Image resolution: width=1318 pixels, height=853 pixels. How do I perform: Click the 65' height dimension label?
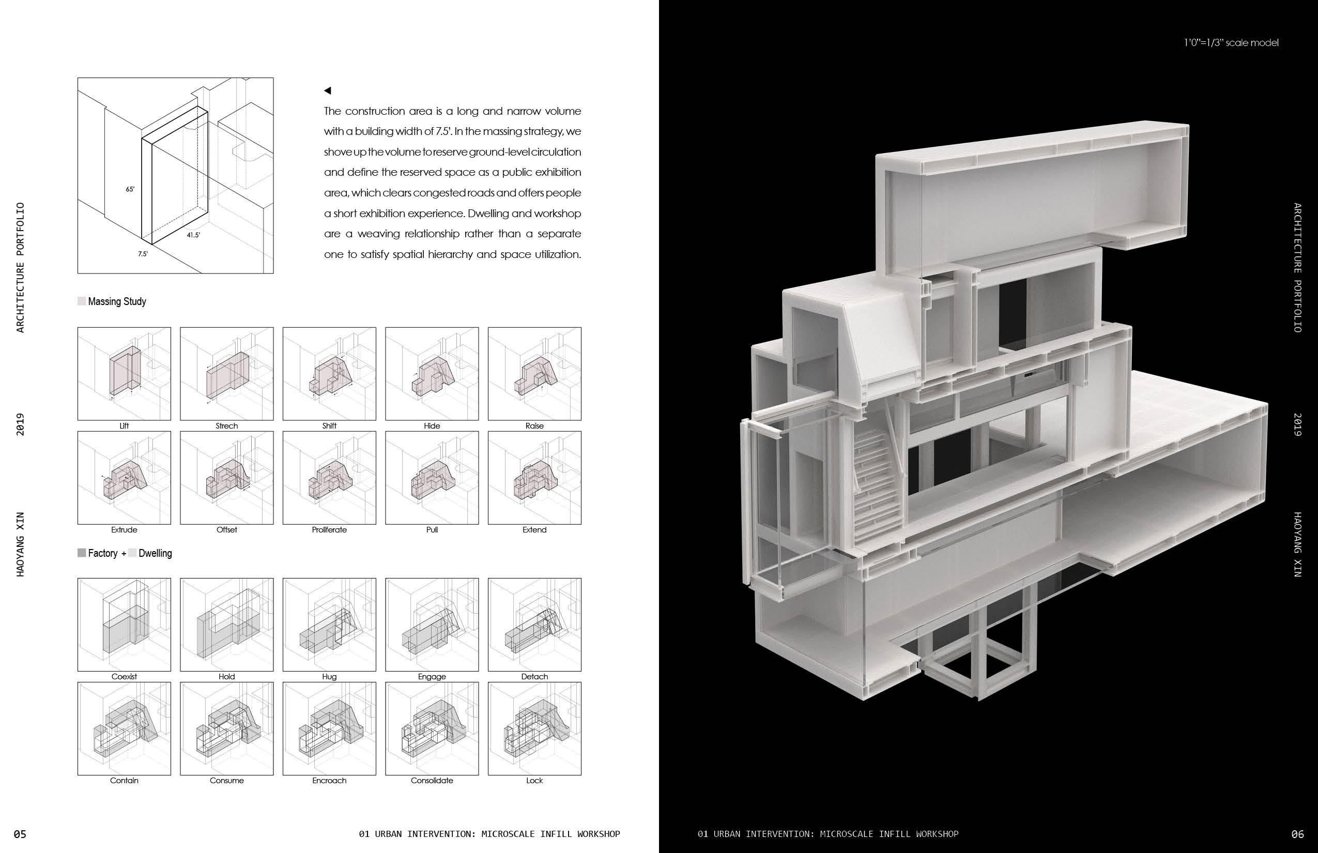tap(130, 189)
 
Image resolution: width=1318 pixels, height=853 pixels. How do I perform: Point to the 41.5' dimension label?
tap(193, 235)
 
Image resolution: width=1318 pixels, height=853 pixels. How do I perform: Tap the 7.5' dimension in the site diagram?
tap(143, 254)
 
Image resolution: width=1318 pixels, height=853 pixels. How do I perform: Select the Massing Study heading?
tap(117, 301)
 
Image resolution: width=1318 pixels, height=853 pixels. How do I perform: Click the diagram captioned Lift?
tap(124, 374)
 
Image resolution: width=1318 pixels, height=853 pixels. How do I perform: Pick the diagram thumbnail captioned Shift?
tap(329, 374)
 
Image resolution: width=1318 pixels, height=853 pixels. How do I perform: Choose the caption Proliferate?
tap(329, 530)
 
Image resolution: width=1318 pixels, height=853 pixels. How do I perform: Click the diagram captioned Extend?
tap(534, 478)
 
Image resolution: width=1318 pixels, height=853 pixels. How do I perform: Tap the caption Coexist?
tap(124, 677)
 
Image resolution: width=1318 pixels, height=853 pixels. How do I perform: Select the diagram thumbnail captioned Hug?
tap(329, 625)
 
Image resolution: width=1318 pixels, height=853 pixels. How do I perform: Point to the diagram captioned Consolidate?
tap(432, 728)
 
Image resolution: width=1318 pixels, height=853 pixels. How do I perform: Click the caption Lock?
tap(534, 781)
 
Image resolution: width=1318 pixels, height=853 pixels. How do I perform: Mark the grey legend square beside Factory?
tap(82, 553)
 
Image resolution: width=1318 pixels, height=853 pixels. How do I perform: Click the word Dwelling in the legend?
tap(155, 553)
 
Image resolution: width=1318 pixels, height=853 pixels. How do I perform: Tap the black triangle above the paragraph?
tap(327, 91)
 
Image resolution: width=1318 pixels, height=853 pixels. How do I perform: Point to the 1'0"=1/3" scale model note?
tap(1231, 42)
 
